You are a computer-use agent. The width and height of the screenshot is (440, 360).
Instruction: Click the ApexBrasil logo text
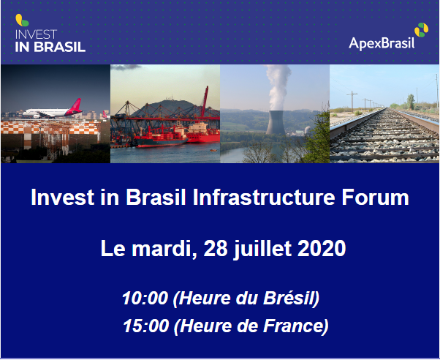[x=382, y=44]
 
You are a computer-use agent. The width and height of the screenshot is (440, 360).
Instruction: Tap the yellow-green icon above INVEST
[x=22, y=20]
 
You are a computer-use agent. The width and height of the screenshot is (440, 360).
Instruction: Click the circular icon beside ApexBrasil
[x=422, y=30]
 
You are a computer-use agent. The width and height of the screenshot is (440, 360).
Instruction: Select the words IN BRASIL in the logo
[x=50, y=47]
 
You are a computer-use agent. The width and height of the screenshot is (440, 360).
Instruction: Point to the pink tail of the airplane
[x=74, y=107]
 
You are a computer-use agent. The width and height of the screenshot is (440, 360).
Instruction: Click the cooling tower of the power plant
[x=276, y=122]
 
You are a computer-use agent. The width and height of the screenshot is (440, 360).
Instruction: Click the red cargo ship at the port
[x=162, y=137]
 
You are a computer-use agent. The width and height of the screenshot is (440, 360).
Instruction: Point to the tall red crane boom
[x=205, y=101]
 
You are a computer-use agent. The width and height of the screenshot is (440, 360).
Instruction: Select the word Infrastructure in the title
[x=264, y=198]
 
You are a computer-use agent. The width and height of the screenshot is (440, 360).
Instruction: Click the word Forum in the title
[x=375, y=198]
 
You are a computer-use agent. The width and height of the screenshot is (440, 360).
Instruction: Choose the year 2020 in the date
[x=322, y=248]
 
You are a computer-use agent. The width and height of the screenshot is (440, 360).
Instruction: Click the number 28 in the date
[x=216, y=248]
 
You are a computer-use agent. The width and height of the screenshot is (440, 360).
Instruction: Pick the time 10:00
[x=145, y=298]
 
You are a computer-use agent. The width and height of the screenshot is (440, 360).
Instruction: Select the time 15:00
[x=146, y=326]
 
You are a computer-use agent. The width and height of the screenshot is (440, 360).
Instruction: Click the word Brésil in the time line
[x=290, y=298]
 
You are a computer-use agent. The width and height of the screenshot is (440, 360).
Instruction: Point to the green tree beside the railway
[x=411, y=102]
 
